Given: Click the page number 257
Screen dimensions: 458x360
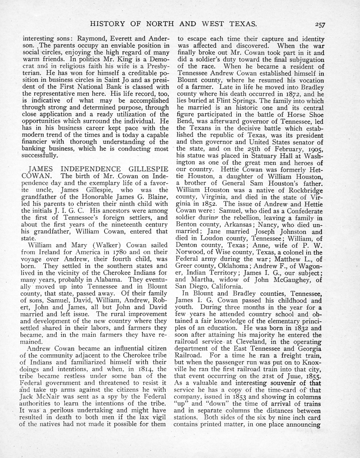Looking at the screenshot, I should (x=318, y=25).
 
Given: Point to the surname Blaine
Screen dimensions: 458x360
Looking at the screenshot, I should (x=156, y=197).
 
